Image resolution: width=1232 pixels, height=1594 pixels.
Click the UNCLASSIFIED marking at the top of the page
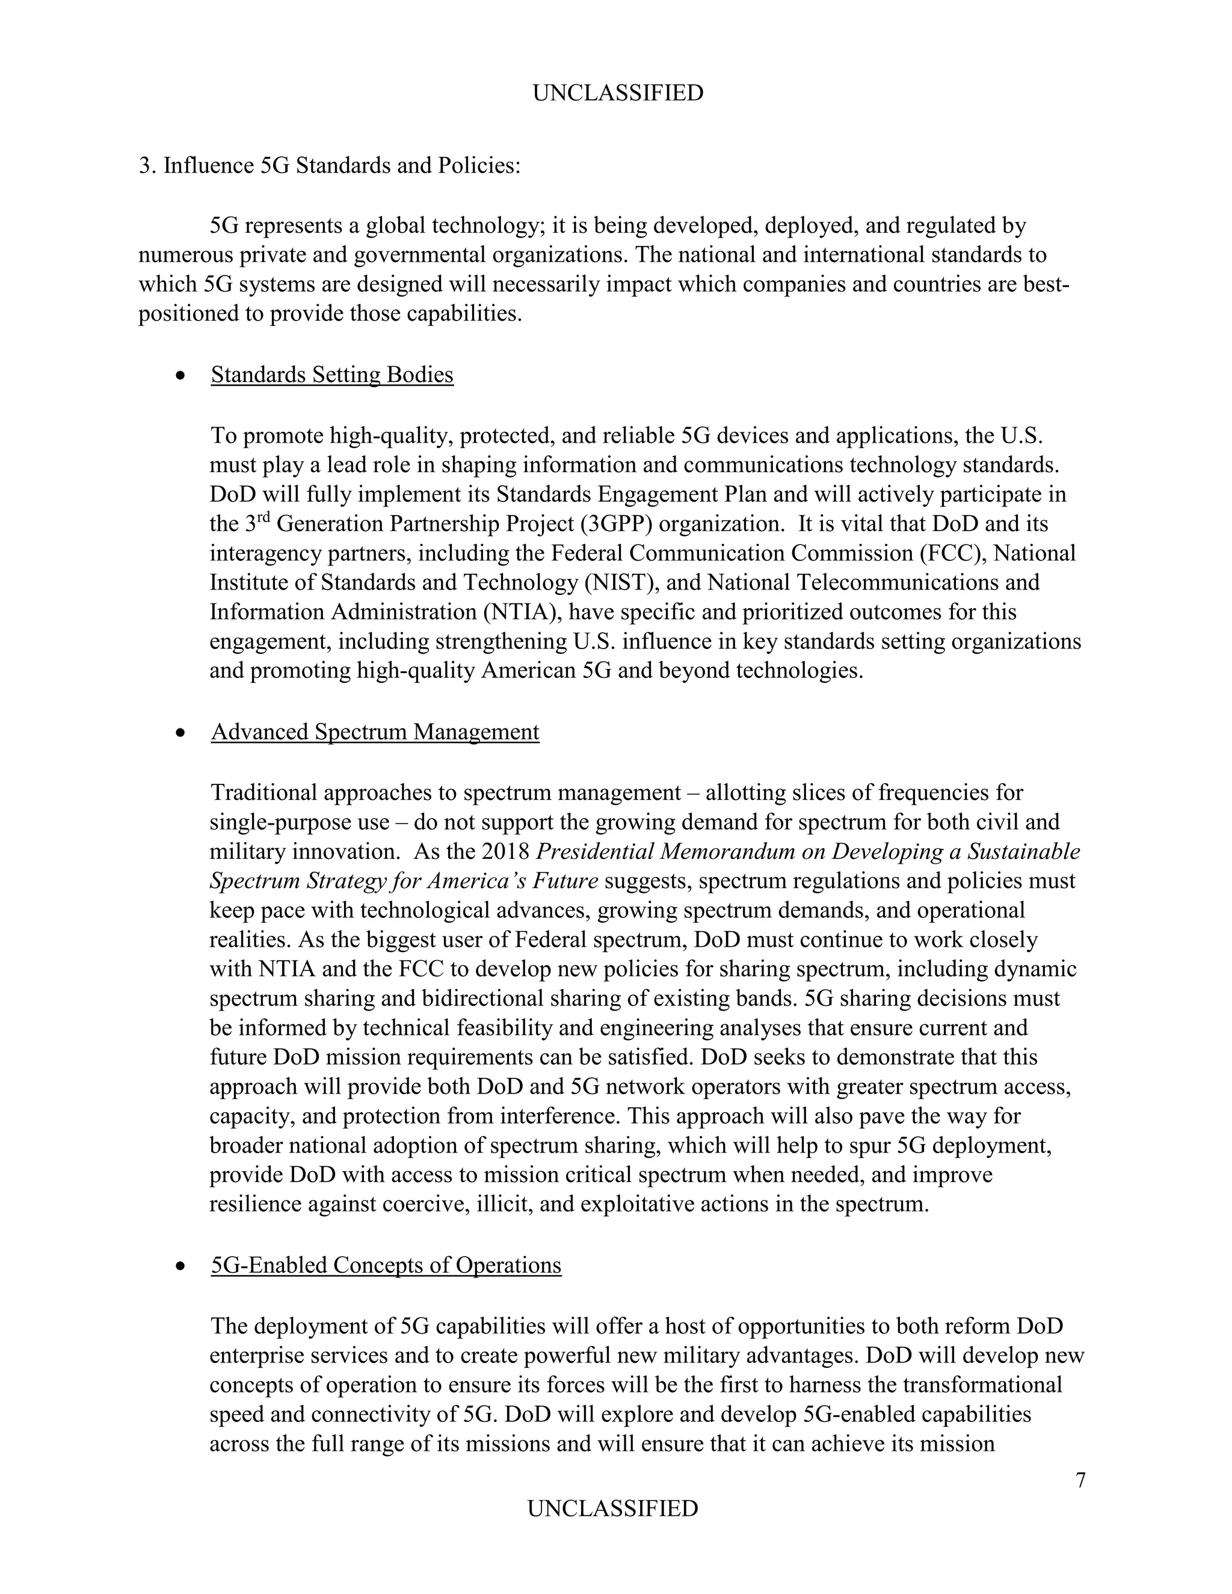617,93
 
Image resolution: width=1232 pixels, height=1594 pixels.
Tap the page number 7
1080,1480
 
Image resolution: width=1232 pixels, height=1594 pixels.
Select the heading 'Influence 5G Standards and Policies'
342,165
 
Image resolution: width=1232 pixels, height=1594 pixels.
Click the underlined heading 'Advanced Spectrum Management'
375,731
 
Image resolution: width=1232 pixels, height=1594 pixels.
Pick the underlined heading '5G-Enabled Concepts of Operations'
386,1265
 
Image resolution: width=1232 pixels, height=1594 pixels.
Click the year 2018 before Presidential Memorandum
506,852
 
